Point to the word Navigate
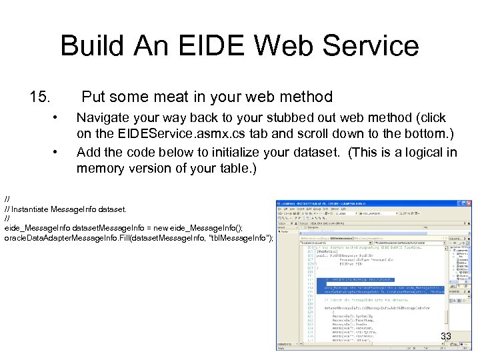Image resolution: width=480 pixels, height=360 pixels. [x=105, y=118]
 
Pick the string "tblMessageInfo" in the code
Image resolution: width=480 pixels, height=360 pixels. [x=240, y=238]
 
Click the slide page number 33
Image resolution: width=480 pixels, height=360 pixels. [x=445, y=337]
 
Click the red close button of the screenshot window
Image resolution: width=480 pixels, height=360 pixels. [x=468, y=202]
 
